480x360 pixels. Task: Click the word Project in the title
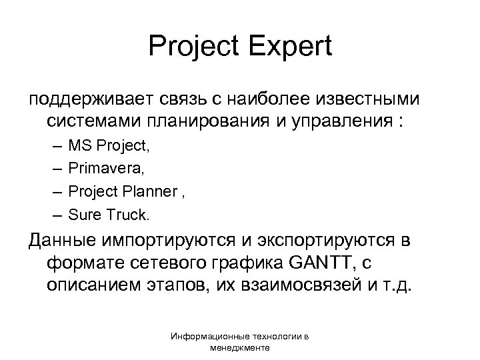tap(197, 47)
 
